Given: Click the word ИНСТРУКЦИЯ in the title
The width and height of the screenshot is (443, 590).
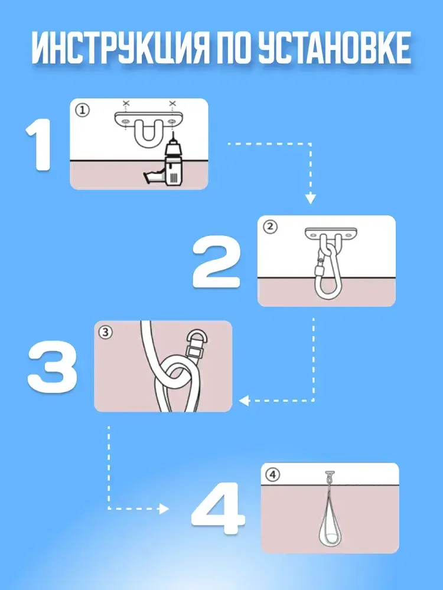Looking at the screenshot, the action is click(119, 48).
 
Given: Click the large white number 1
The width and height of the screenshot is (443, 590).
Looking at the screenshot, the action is click(38, 145).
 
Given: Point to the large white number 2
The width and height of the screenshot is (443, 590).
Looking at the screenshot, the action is click(216, 262).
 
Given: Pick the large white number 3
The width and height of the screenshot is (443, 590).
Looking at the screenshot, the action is click(53, 367).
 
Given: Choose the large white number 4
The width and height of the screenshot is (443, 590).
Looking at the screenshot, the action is click(218, 509).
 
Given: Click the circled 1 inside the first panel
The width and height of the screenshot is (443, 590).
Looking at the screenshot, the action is click(83, 110).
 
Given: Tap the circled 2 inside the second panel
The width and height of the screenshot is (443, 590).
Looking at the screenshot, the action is click(270, 227).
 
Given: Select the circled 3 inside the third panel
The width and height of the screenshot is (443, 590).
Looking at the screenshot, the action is click(106, 332).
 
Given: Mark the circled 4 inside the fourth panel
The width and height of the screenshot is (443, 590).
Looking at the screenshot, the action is click(273, 475).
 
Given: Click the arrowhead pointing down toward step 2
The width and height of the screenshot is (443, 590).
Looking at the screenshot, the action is click(310, 198).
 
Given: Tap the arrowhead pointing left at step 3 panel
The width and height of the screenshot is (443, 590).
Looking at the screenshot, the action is click(244, 401).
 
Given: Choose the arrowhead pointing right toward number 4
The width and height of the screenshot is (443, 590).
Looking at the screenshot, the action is click(164, 509).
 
